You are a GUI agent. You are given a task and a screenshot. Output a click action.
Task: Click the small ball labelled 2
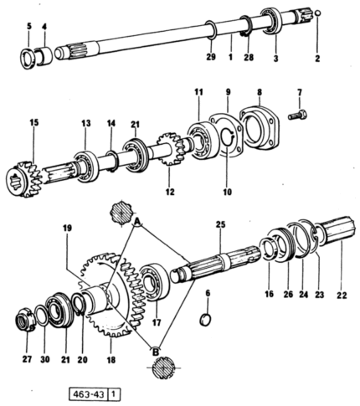click(x=318, y=13)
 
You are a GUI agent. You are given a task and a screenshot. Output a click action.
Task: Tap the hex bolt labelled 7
click(x=298, y=115)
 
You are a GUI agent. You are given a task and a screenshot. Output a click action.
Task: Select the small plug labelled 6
click(x=205, y=320)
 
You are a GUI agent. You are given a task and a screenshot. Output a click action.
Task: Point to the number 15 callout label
click(x=34, y=123)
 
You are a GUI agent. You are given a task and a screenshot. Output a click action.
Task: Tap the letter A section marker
click(x=137, y=222)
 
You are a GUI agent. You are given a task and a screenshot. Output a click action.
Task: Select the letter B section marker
click(x=156, y=352)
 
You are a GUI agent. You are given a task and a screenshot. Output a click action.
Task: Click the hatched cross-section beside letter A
click(x=121, y=213)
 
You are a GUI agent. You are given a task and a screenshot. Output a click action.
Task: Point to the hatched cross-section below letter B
click(x=164, y=368)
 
